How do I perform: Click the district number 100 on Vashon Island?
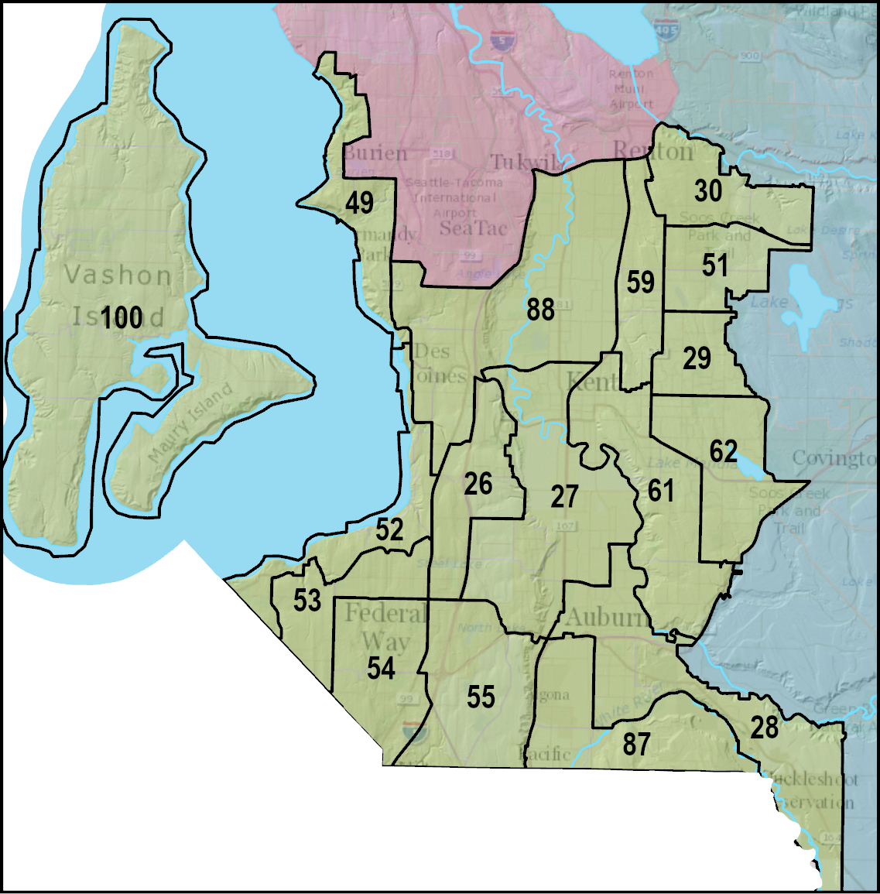coord(122,317)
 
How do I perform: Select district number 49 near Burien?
coord(359,203)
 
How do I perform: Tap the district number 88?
coord(540,310)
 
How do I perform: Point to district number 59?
coord(640,283)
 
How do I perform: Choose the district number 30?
coord(707,190)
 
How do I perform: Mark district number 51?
coord(714,265)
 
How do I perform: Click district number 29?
coord(697,358)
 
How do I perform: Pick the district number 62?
coord(724,450)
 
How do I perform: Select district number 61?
coord(660,491)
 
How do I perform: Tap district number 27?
coord(564,496)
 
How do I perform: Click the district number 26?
coord(478,485)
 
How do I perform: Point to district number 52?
coord(389,530)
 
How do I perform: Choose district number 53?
coord(307,600)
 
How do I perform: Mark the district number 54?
coord(381,668)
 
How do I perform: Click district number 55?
coord(480,697)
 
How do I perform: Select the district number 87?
coord(635,744)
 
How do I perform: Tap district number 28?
coord(764,728)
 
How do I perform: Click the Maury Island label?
coord(190,423)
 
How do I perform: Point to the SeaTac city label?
coord(473,228)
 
